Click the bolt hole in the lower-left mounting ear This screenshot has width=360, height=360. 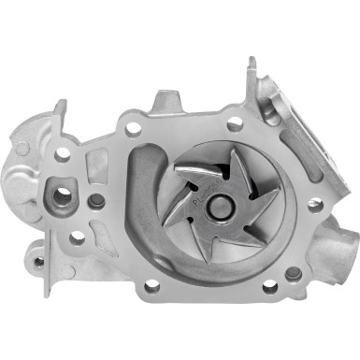(38, 262)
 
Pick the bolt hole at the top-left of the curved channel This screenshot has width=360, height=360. (133, 129)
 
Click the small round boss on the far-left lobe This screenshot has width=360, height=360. (22, 148)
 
